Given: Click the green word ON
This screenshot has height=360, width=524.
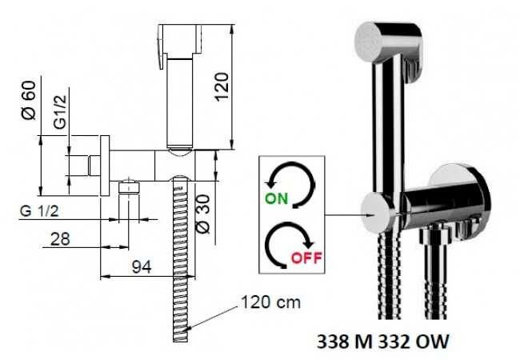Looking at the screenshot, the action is pos(276,198).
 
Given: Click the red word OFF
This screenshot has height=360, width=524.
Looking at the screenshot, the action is pos(306,258).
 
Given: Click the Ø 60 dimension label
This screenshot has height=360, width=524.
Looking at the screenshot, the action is pos(29,100).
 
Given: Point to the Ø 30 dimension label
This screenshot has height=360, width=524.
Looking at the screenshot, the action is pos(203,214).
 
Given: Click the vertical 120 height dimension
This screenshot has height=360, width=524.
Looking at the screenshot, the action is pos(222,86).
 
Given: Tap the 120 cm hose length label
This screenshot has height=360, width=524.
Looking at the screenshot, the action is pos(270,302).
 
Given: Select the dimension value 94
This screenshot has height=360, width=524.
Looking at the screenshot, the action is pos(142,266).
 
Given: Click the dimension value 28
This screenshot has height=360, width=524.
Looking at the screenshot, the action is pos(60,239).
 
